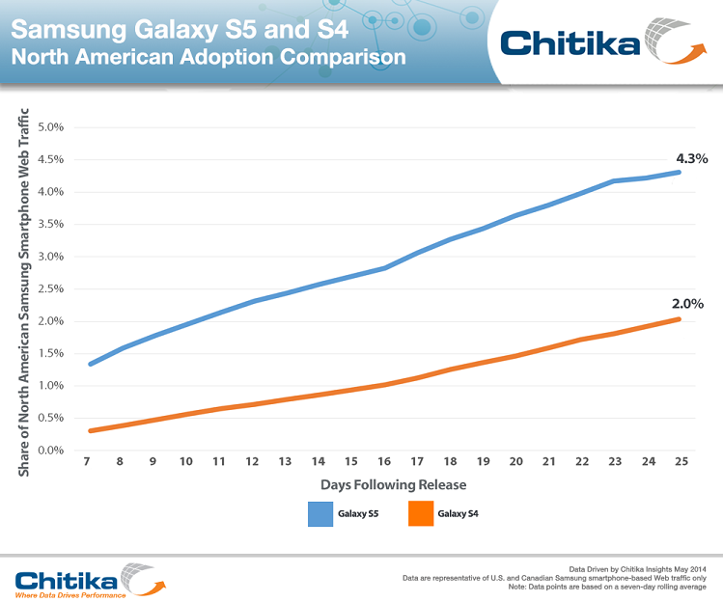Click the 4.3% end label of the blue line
click(690, 159)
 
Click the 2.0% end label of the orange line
click(687, 303)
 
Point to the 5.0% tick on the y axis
click(50, 127)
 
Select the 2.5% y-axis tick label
click(50, 289)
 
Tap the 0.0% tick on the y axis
click(50, 451)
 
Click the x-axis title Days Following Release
click(380, 483)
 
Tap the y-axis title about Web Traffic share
click(23, 290)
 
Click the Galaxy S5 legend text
click(358, 514)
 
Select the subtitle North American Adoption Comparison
click(208, 57)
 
